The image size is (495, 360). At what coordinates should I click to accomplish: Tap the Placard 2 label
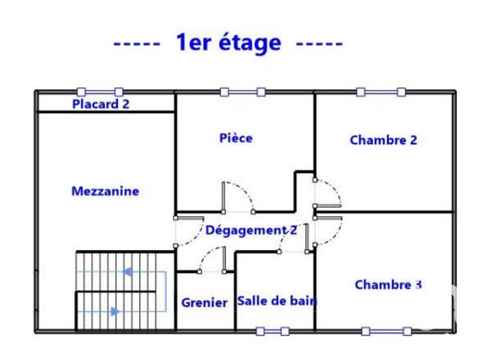(101, 104)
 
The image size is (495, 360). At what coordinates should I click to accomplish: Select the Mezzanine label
(106, 192)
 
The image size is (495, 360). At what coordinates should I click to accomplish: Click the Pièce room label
(236, 138)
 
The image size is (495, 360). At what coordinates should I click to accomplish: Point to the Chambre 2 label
(384, 140)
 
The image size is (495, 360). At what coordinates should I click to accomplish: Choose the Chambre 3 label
(388, 285)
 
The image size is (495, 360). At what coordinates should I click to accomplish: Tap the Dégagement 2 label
(251, 230)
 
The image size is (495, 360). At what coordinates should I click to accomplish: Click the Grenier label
(204, 303)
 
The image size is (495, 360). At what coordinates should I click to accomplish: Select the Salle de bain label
(277, 301)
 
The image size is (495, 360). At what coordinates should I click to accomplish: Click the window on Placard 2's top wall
(101, 92)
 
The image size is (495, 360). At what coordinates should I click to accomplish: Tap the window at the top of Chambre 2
(379, 92)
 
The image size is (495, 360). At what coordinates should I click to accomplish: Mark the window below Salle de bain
(272, 331)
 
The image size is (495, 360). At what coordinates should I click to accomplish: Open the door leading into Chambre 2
(326, 193)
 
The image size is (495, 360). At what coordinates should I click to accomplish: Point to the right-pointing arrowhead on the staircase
(115, 311)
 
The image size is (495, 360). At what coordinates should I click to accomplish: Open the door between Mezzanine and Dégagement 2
(187, 231)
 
